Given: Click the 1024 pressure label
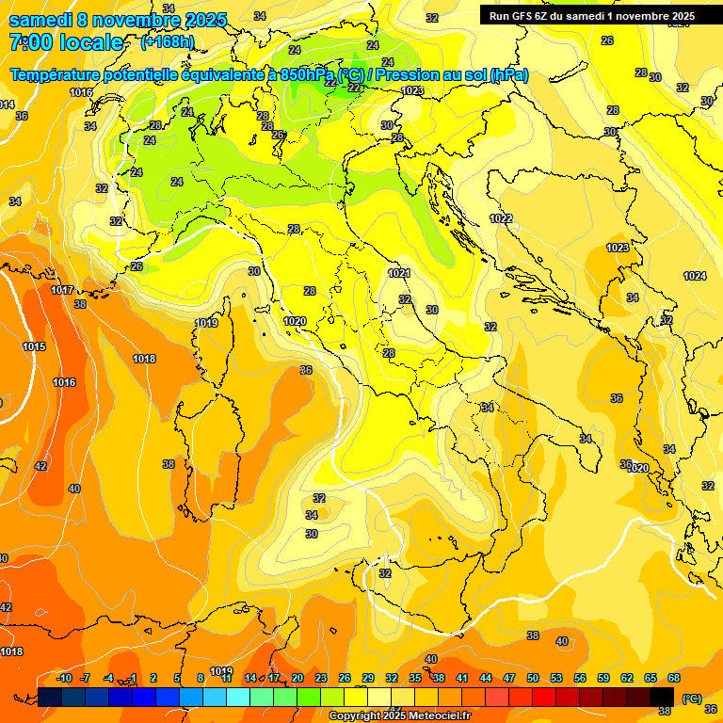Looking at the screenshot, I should pyautogui.click(x=694, y=276).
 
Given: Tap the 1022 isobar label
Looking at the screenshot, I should pyautogui.click(x=501, y=218).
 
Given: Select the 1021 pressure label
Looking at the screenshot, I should pyautogui.click(x=399, y=273).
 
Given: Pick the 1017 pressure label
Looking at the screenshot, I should pyautogui.click(x=62, y=290).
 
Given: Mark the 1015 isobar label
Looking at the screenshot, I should pyautogui.click(x=34, y=347).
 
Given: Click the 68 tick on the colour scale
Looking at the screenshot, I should pyautogui.click(x=674, y=678).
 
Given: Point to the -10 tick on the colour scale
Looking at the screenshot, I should pyautogui.click(x=64, y=678).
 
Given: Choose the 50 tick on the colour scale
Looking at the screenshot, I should pyautogui.click(x=533, y=678).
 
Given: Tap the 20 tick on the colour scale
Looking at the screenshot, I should pyautogui.click(x=297, y=678).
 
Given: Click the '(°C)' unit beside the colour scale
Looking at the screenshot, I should pyautogui.click(x=692, y=699).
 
